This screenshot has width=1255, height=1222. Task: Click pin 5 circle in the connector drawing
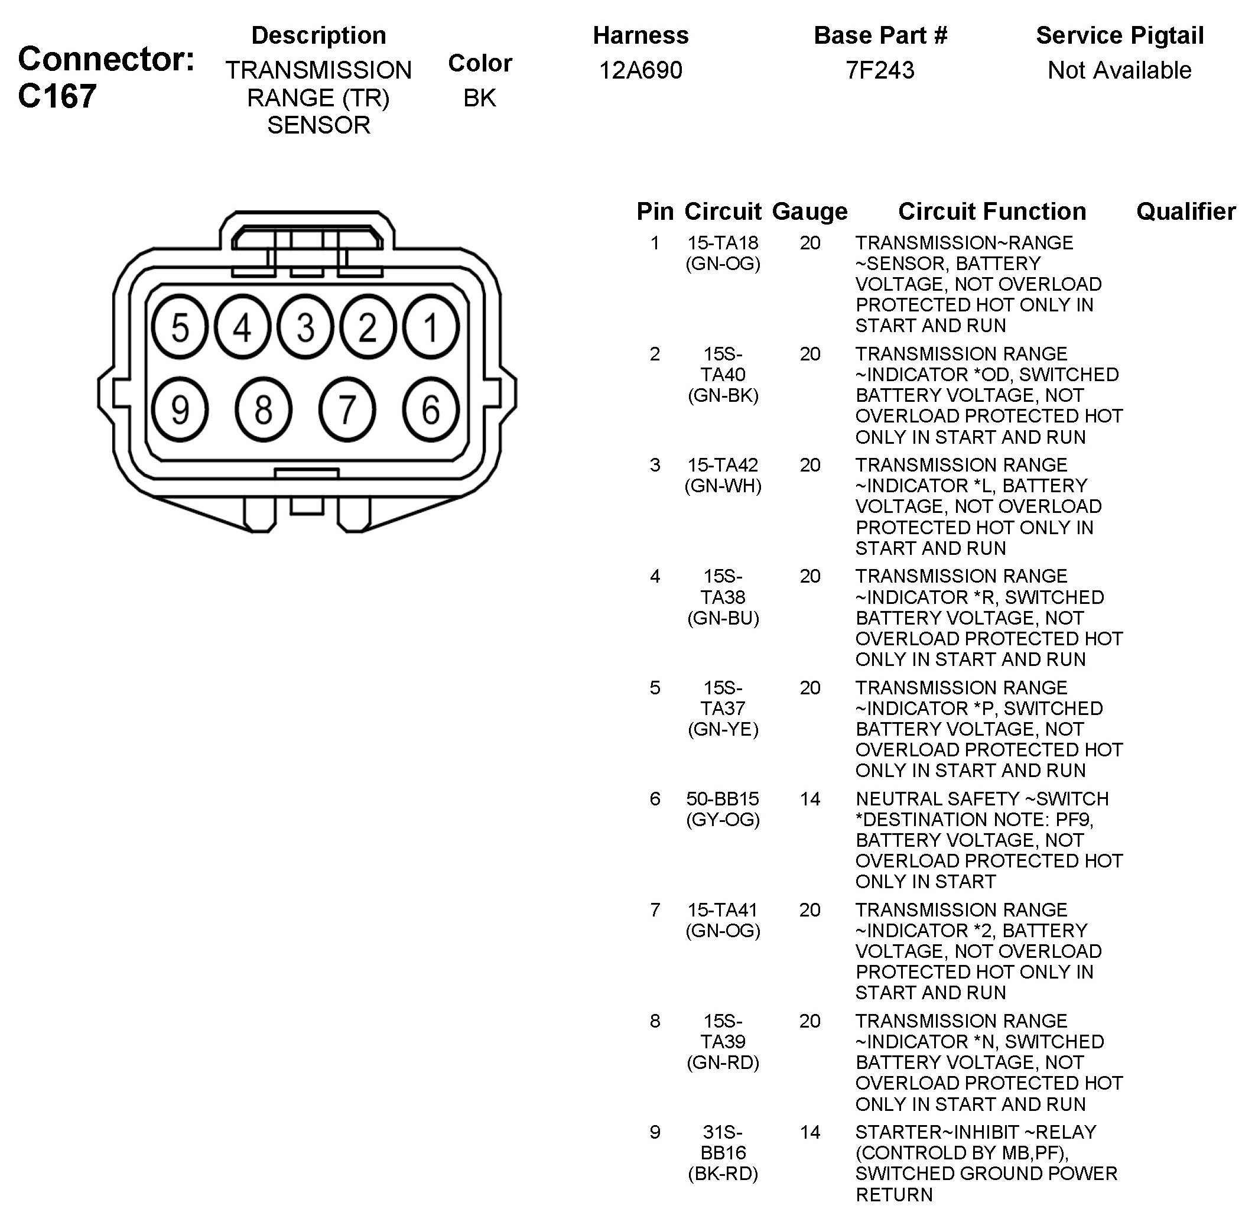[180, 327]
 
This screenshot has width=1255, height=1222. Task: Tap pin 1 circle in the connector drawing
[431, 327]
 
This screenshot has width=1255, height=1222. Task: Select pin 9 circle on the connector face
[180, 409]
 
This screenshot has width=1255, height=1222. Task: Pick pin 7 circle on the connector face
[347, 409]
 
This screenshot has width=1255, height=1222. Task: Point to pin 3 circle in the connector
[305, 327]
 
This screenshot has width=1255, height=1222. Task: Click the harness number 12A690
[640, 70]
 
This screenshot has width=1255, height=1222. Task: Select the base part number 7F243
[880, 70]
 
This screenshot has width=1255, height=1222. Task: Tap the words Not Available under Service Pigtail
[1119, 70]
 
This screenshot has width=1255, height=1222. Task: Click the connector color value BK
[479, 97]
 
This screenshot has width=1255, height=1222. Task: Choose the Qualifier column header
[1186, 211]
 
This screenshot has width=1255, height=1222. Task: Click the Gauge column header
[809, 211]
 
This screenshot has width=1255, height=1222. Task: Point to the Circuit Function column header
[992, 211]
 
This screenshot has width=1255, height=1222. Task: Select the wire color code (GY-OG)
[723, 820]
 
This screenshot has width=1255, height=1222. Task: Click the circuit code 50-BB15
[723, 799]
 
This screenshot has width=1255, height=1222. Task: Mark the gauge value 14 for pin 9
[809, 1132]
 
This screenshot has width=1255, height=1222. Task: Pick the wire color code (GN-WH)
[723, 486]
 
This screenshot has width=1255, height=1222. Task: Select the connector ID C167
[57, 96]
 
